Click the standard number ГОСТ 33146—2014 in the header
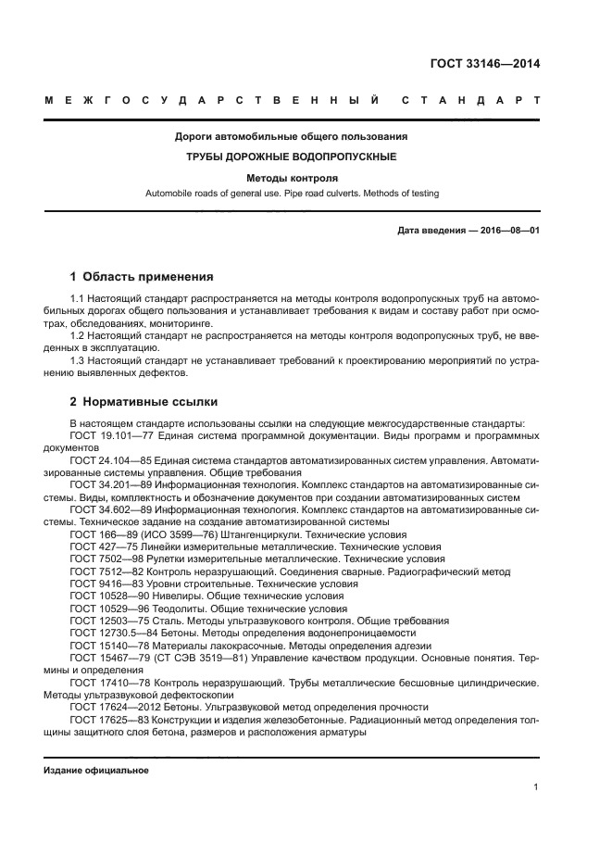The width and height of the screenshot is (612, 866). pos(485,64)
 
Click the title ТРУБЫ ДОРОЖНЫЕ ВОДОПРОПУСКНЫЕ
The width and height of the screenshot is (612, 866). pos(292,157)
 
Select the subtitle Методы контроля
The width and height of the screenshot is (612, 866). pos(292,177)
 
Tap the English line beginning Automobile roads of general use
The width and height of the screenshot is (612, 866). pos(292,194)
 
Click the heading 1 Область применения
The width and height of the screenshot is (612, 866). pos(142,276)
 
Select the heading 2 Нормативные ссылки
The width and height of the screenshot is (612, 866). pos(144,403)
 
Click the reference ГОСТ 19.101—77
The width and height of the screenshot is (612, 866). pos(108,434)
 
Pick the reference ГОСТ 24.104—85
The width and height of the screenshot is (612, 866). pos(108,460)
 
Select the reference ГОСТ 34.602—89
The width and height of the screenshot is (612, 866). pos(108,508)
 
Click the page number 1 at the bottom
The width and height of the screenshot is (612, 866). pos(536,787)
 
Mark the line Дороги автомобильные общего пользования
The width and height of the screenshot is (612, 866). pos(292,136)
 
